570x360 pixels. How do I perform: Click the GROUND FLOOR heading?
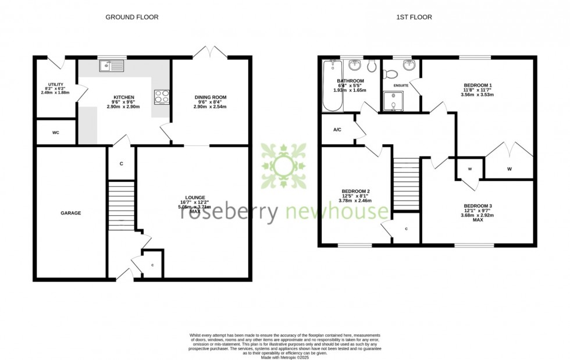131,17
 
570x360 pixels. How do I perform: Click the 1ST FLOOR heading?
414,17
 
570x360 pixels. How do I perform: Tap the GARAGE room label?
71,213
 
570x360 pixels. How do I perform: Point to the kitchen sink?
111,66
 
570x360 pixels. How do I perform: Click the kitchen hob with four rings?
161,97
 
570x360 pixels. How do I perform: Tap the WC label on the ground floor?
56,133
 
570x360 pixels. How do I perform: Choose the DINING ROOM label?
211,97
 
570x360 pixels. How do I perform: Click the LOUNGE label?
195,198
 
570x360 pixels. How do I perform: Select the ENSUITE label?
401,85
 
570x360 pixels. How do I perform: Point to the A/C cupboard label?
337,130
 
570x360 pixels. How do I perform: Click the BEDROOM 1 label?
478,85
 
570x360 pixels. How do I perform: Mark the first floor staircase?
407,183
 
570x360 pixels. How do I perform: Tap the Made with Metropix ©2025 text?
284,357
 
